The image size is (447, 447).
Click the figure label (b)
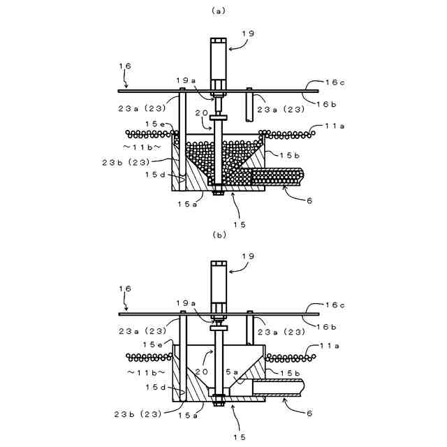tap(221, 235)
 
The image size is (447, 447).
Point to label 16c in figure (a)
tap(335, 82)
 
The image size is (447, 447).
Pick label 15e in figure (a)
tap(155, 124)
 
